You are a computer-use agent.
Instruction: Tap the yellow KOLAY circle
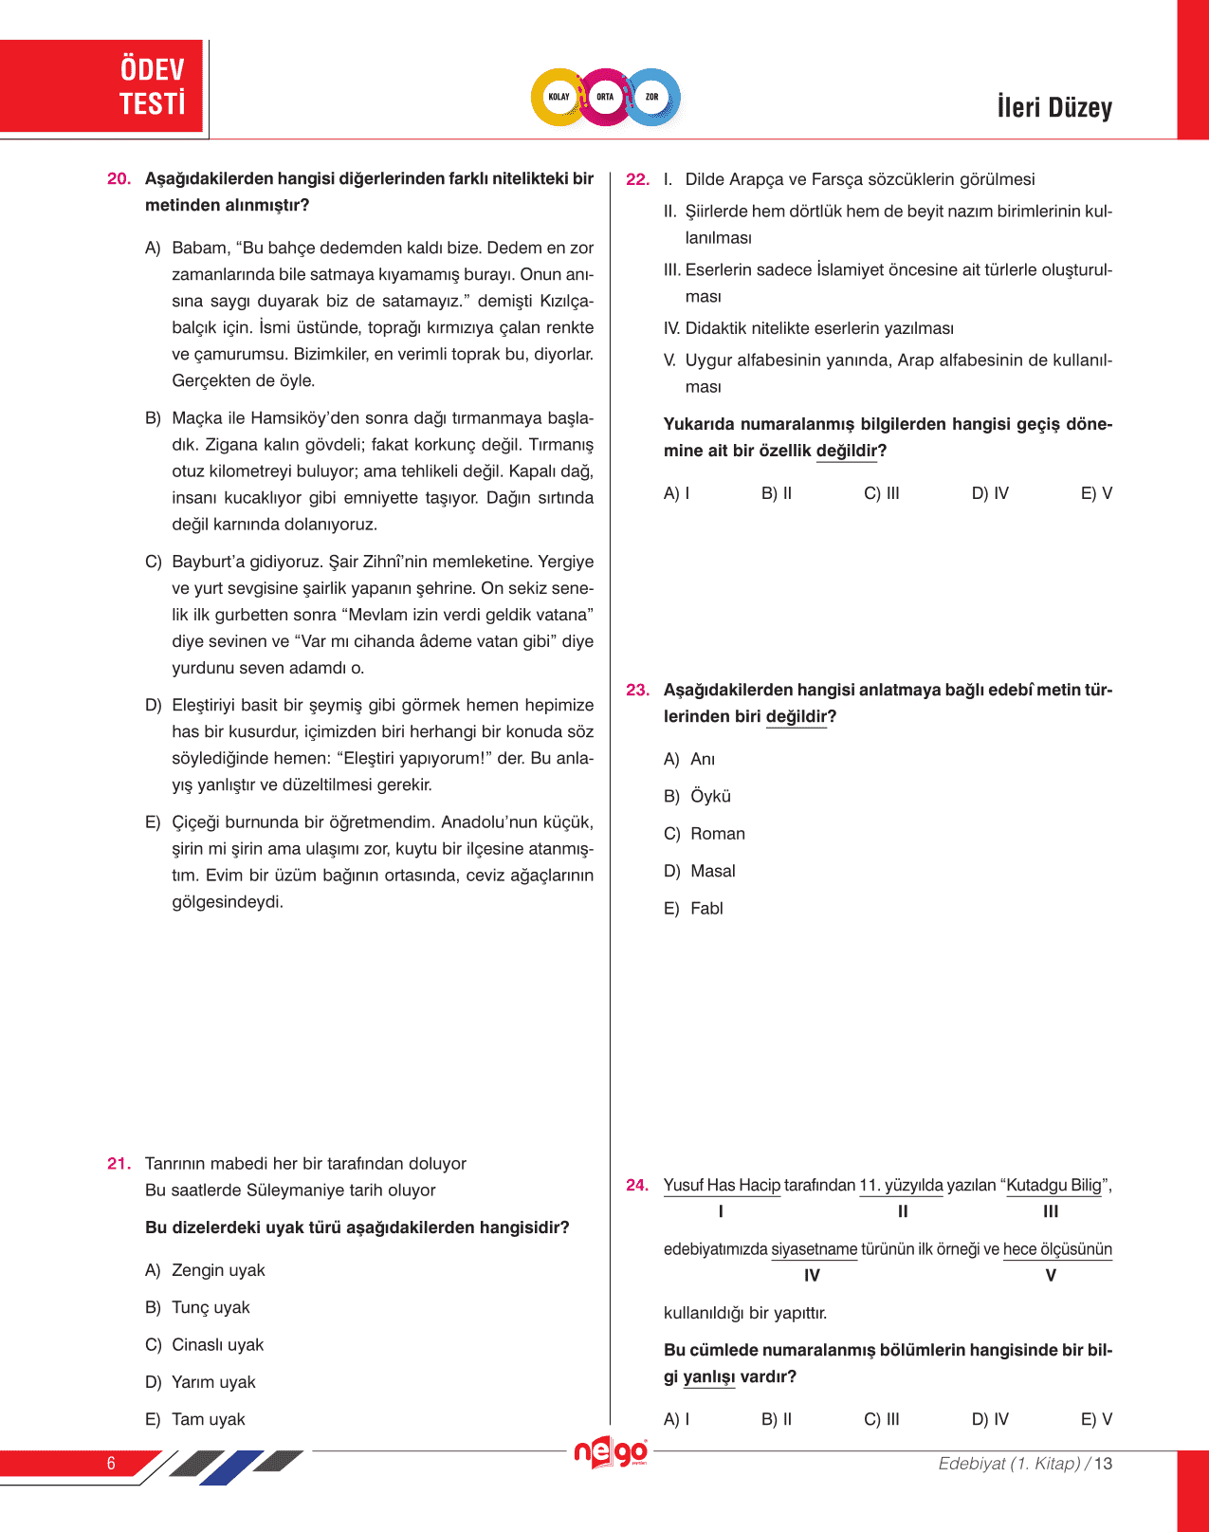(x=559, y=97)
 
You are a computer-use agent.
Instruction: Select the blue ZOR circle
(x=652, y=97)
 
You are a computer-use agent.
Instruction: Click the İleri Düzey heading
(x=1053, y=107)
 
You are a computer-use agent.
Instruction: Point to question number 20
(x=119, y=179)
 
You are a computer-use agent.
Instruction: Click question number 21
(x=119, y=1164)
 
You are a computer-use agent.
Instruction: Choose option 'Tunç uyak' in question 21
(x=211, y=1307)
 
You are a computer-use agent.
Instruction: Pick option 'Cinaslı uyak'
(x=217, y=1345)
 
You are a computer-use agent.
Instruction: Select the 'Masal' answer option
(x=712, y=871)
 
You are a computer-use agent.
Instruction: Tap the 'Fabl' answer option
(x=706, y=909)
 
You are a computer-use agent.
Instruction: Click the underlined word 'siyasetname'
(x=814, y=1249)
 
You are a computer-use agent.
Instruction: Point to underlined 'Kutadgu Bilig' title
(x=1053, y=1185)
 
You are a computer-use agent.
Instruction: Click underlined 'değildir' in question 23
(x=797, y=717)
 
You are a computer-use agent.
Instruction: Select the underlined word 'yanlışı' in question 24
(x=709, y=1376)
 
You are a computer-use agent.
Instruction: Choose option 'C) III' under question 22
(x=882, y=493)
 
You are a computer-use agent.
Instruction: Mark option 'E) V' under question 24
(x=1096, y=1419)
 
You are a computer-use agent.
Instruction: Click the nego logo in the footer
(x=611, y=1452)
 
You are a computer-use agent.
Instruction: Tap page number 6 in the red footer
(x=111, y=1463)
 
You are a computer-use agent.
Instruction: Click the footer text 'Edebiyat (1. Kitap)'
(x=1009, y=1464)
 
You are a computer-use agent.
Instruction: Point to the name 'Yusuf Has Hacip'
(x=722, y=1185)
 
